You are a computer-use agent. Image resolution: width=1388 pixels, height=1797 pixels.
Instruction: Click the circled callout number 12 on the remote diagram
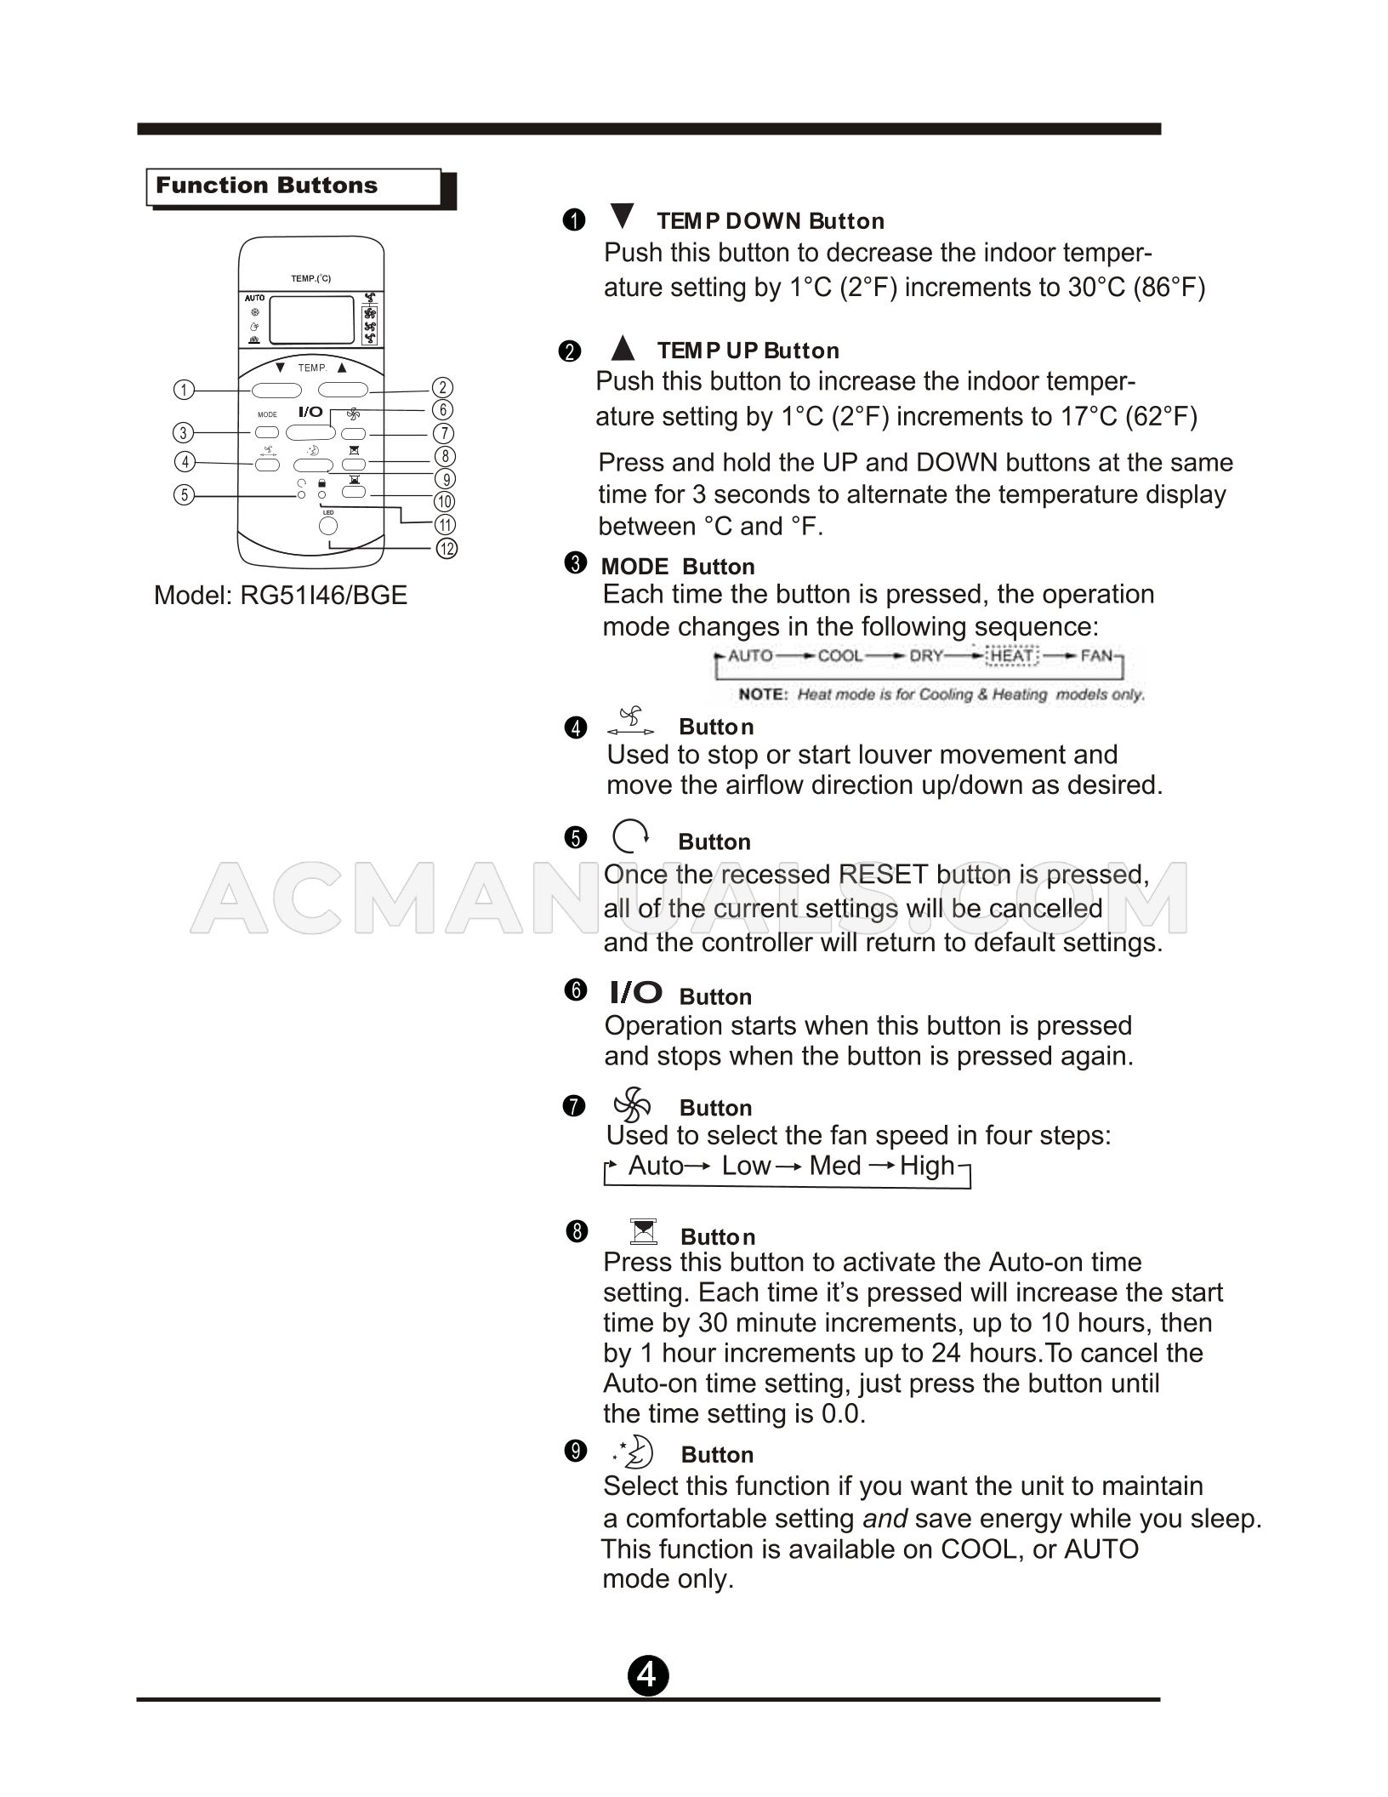click(x=447, y=548)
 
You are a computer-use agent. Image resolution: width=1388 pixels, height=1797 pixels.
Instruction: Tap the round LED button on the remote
click(x=328, y=527)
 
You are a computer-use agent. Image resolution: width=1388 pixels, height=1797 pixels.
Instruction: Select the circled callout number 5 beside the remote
click(x=183, y=495)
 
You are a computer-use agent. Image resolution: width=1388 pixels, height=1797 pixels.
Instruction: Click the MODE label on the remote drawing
click(x=267, y=415)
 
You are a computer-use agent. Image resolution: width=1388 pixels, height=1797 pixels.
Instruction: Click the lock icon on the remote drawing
click(x=321, y=483)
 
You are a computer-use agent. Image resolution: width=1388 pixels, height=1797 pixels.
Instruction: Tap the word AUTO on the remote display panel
click(x=254, y=299)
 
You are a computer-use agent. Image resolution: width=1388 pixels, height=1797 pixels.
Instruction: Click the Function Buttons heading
click(x=266, y=186)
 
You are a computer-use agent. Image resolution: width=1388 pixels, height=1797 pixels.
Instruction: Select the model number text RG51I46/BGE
click(x=323, y=595)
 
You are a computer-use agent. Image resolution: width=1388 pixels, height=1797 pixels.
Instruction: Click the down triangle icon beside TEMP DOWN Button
click(x=623, y=216)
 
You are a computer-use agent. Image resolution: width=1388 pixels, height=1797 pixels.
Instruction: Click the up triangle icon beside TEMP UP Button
click(x=623, y=347)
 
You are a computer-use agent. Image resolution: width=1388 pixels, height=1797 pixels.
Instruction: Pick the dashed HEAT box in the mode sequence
click(x=1012, y=656)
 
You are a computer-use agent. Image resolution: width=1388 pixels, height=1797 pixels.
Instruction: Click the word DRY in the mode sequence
click(x=925, y=656)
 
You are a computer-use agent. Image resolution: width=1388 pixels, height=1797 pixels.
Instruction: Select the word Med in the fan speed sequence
click(x=835, y=1166)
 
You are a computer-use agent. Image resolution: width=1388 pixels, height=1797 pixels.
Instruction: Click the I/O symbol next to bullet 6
click(x=635, y=992)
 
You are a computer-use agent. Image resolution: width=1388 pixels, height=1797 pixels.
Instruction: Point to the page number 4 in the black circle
click(x=648, y=1675)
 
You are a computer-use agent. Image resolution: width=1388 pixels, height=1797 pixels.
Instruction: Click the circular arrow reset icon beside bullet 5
click(x=630, y=837)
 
